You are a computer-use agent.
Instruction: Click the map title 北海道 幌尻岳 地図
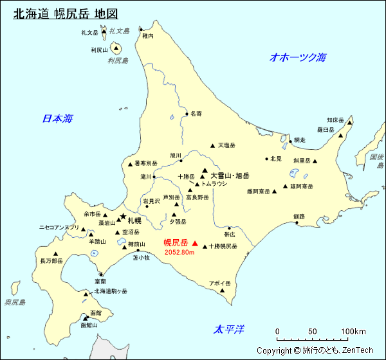pos(66,14)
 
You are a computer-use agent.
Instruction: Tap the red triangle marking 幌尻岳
pos(195,244)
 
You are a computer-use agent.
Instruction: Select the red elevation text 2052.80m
pos(179,253)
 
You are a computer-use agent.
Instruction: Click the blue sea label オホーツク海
pos(298,57)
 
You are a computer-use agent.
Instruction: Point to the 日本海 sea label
pos(57,118)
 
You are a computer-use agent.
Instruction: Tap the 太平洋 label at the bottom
pos(229,330)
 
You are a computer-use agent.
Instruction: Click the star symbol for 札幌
pos(123,217)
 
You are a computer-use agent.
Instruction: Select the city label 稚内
pos(148,36)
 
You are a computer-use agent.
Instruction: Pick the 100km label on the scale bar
pos(353,332)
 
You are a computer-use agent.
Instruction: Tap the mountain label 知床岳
pos(336,120)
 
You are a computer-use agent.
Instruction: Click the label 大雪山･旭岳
pos(230,175)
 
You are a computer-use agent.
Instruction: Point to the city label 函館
pos(96,312)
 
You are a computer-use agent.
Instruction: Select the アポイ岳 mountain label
pos(219,283)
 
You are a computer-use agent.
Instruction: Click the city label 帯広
pos(230,235)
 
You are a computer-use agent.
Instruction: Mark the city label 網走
pos(299,140)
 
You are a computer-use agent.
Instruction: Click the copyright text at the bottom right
pos(315,350)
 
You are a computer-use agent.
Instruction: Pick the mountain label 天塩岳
pos(226,145)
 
